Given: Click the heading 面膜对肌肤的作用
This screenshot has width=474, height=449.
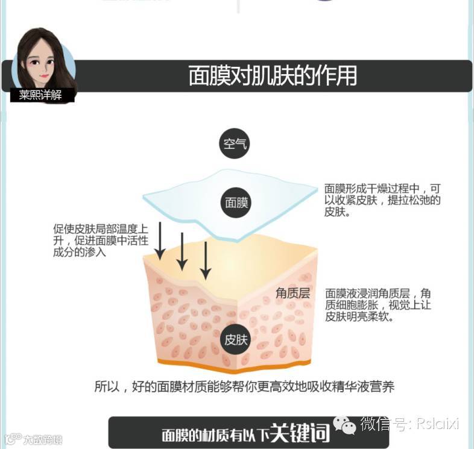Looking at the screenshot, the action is [x=273, y=76].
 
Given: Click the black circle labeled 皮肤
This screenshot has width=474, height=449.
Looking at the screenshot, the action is [x=236, y=339].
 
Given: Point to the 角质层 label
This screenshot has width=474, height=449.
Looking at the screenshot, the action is [x=292, y=294].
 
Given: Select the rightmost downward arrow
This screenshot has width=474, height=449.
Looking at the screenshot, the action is [x=205, y=260].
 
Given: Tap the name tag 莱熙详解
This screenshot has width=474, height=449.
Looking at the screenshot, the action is [x=41, y=96].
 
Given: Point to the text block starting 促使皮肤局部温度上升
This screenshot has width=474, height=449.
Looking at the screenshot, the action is [x=101, y=240].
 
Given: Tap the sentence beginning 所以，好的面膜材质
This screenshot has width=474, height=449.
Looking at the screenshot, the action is [x=244, y=386].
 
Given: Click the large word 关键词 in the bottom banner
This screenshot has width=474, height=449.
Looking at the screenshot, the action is [x=300, y=432].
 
